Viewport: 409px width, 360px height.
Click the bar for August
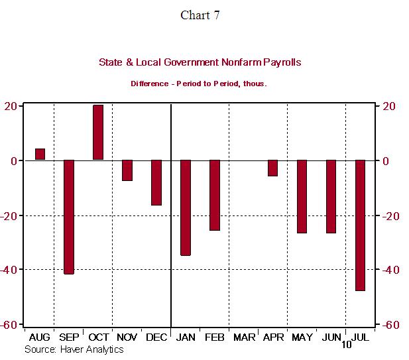pos(40,154)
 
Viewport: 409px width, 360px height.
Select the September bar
pos(69,217)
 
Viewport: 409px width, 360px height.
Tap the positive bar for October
pos(98,133)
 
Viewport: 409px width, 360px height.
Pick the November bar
pos(127,170)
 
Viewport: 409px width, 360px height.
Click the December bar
pos(156,182)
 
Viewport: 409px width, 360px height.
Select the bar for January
pos(186,208)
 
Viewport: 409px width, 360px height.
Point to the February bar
pos(215,195)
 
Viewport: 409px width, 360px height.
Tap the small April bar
pos(272,168)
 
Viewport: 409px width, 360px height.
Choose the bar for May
pos(302,196)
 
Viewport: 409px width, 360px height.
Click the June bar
pos(331,196)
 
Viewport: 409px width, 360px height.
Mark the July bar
pos(360,225)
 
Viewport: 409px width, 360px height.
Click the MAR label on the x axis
pos(244,338)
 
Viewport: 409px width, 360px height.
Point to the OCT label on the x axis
pos(98,338)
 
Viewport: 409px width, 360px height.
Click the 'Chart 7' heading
pos(200,15)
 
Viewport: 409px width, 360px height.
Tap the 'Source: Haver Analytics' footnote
pos(74,349)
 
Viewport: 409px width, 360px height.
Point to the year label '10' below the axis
pos(347,345)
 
